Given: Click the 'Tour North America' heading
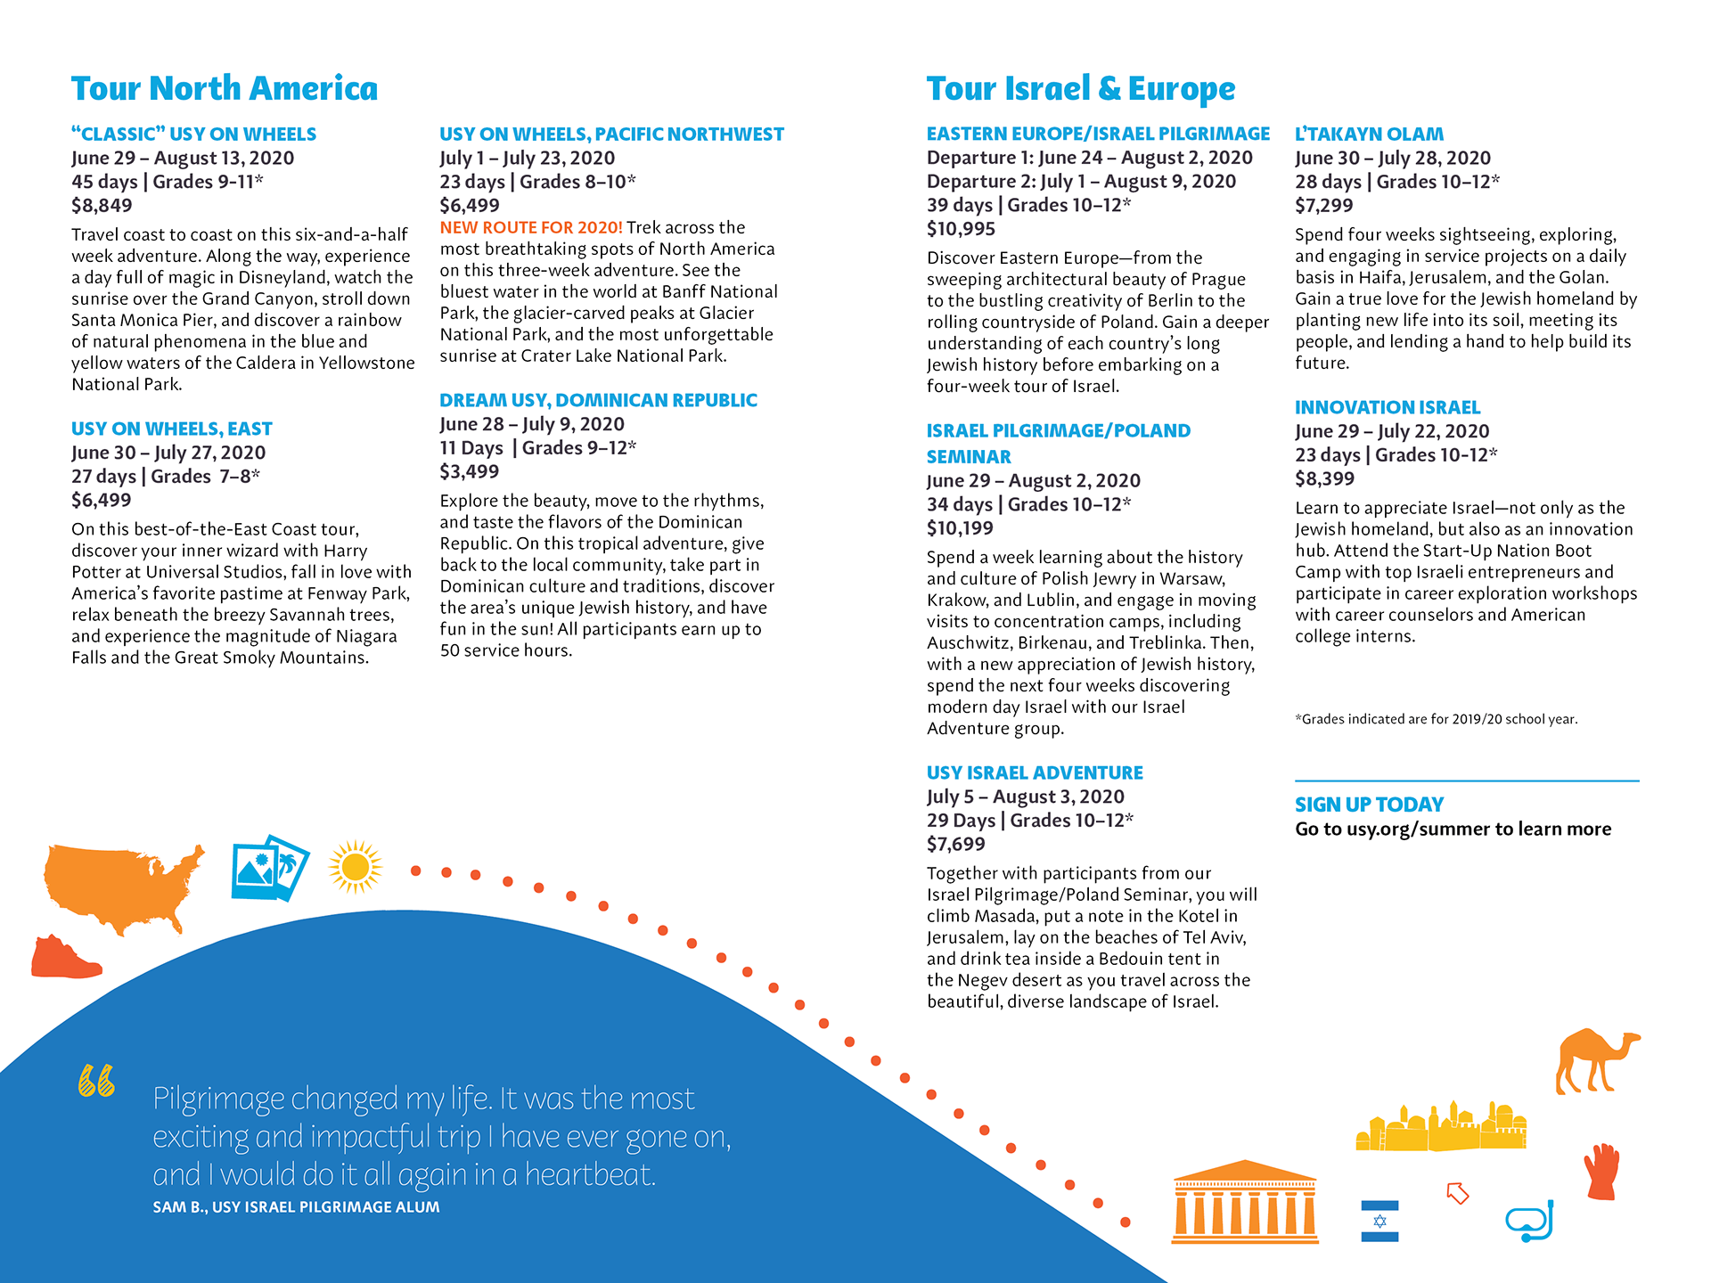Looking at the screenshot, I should tap(225, 89).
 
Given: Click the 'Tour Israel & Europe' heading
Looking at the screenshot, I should tap(1080, 89).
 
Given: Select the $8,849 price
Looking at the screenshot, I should tap(102, 206).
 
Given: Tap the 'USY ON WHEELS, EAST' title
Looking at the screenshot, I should tap(171, 429).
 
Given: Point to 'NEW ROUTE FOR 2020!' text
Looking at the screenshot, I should tap(531, 228).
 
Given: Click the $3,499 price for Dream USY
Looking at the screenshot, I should tap(470, 472).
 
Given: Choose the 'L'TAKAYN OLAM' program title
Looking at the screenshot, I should tap(1369, 135).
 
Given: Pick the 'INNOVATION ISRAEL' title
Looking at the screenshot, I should tap(1387, 408).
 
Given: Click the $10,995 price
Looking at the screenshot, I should tap(961, 229).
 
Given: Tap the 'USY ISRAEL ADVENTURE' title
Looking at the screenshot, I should tap(1035, 773).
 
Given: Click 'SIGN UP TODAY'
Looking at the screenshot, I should tap(1369, 805).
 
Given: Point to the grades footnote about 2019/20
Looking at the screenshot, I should tap(1436, 719).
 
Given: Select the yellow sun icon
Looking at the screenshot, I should tap(355, 866).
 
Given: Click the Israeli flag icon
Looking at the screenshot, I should tap(1379, 1221).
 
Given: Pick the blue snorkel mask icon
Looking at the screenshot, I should tap(1530, 1222).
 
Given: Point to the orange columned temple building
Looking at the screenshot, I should tap(1245, 1202).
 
